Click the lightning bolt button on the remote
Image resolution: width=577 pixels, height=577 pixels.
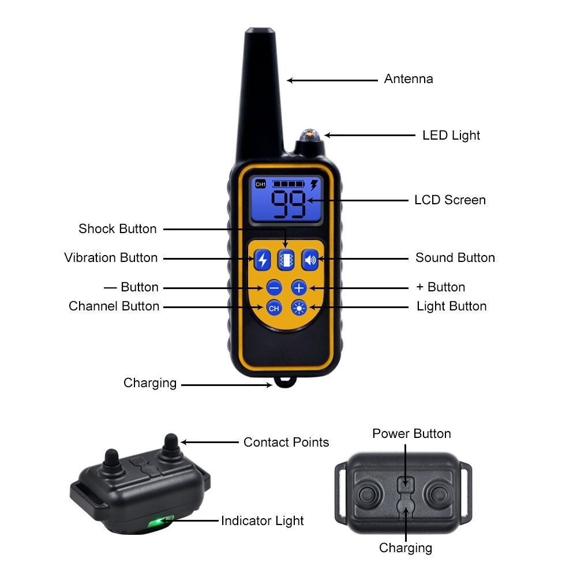tap(263, 260)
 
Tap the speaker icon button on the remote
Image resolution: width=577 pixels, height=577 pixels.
tap(310, 260)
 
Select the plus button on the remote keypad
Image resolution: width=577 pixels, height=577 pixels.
tap(299, 287)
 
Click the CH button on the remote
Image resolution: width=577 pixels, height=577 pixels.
tap(274, 308)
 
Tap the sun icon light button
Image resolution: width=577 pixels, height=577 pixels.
tap(299, 308)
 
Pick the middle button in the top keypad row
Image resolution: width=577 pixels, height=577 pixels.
tap(286, 260)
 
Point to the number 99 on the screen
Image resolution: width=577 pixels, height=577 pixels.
tap(288, 204)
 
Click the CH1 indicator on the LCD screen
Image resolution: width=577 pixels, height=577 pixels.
tap(260, 184)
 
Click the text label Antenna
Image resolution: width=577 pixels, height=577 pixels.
tap(409, 79)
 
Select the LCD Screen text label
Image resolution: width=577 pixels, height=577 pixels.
tap(450, 200)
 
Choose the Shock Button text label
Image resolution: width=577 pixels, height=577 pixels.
tap(118, 229)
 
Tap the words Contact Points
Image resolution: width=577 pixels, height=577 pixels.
tap(286, 443)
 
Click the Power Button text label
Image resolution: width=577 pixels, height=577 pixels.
tap(411, 434)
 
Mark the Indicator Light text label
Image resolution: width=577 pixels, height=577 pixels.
tap(263, 521)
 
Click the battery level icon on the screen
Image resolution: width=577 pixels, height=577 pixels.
tap(288, 184)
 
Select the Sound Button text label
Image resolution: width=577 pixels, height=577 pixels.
tap(455, 258)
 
